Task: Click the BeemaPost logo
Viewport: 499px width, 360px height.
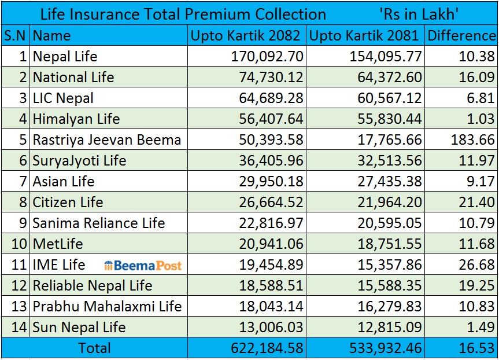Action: (x=143, y=266)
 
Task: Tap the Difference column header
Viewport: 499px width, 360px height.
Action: (x=461, y=36)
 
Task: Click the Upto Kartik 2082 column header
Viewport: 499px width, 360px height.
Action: (x=246, y=36)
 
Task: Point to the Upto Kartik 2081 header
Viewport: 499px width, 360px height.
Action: (x=364, y=36)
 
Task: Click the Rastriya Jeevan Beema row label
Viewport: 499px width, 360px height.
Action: (x=107, y=140)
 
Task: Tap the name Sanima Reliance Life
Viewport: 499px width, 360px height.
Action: (x=99, y=223)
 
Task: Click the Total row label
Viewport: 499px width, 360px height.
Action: (x=94, y=348)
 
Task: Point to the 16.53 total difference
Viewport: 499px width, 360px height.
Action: (x=477, y=348)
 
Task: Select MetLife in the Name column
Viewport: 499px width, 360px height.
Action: (x=58, y=244)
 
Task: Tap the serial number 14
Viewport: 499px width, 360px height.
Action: (x=20, y=328)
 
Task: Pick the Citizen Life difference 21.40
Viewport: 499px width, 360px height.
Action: (x=477, y=203)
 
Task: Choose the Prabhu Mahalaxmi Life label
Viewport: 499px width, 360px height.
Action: (x=107, y=307)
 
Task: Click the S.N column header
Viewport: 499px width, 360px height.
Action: (x=14, y=36)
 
